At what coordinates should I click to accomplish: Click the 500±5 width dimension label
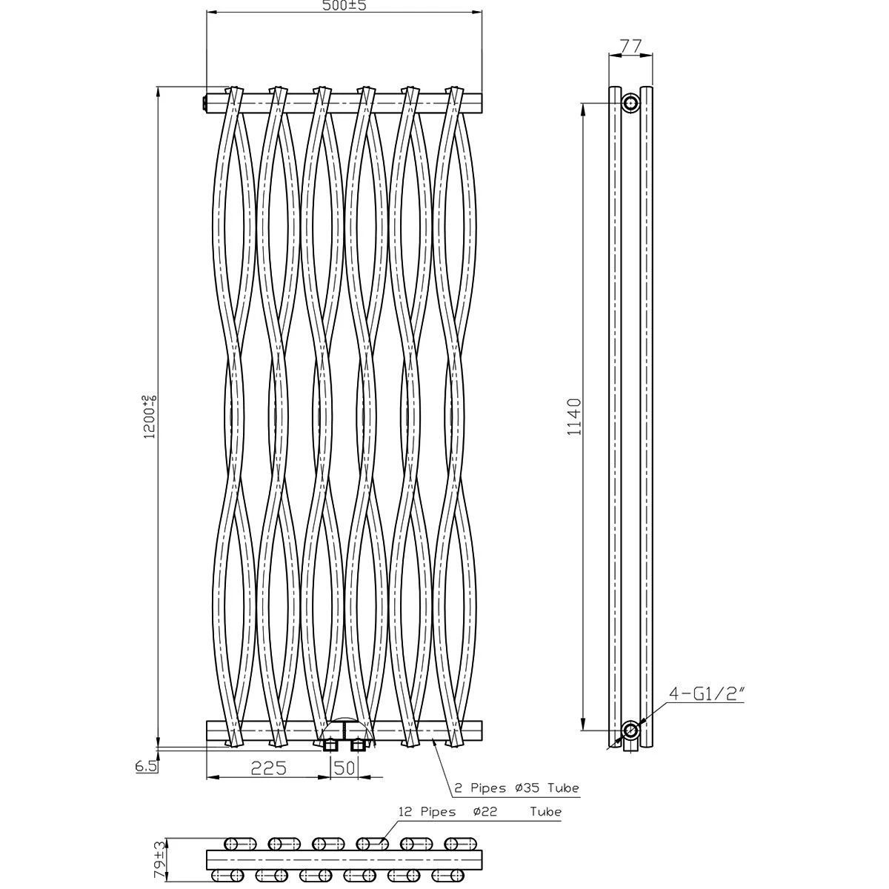(x=344, y=5)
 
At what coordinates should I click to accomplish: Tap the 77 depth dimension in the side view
(x=630, y=46)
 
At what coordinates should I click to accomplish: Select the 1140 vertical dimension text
(x=574, y=417)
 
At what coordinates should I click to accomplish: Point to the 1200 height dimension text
(x=150, y=416)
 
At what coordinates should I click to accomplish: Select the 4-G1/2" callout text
(x=707, y=706)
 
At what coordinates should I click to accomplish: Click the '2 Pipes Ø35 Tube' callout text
(x=516, y=788)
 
